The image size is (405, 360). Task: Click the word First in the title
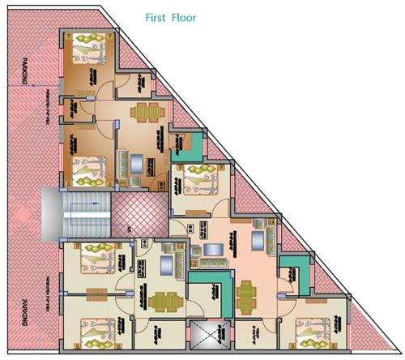[x=159, y=16]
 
